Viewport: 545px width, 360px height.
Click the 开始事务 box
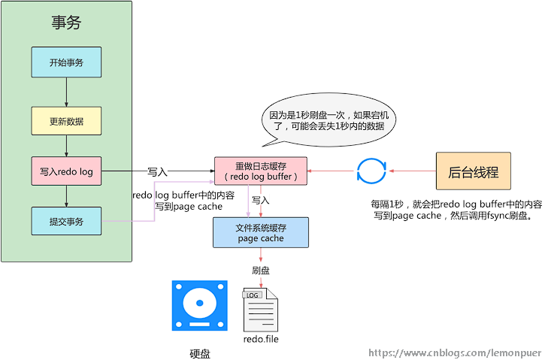point(66,62)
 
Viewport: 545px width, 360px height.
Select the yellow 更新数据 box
point(66,121)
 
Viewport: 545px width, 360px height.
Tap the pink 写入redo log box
point(66,171)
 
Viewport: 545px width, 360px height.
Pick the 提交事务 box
point(66,221)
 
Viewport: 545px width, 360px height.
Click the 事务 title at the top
point(66,23)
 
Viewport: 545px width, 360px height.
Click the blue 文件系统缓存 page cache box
point(260,232)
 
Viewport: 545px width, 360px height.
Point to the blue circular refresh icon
point(371,171)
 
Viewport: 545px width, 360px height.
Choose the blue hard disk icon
point(199,307)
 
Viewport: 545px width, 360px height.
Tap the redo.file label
point(261,340)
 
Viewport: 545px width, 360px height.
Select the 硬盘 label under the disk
point(199,352)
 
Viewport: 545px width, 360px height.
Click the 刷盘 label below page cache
point(261,268)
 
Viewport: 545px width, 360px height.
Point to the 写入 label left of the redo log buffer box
point(157,172)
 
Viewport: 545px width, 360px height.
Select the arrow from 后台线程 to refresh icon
point(412,171)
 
